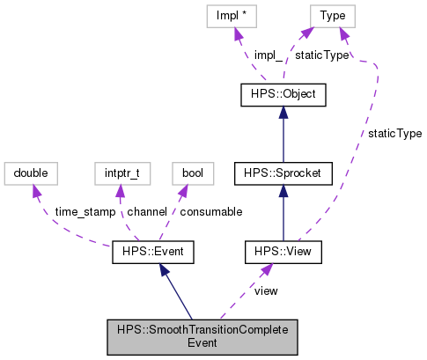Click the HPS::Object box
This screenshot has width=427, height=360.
tap(283, 93)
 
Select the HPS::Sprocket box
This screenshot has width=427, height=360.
tap(283, 173)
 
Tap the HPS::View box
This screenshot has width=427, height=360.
tap(283, 253)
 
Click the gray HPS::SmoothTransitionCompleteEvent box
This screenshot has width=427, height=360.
tap(201, 334)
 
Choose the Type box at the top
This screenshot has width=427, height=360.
tap(332, 15)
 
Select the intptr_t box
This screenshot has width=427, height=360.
tap(120, 173)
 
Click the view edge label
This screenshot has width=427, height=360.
tap(266, 290)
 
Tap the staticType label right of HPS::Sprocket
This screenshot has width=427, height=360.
tap(394, 134)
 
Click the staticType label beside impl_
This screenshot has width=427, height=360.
tap(321, 55)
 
